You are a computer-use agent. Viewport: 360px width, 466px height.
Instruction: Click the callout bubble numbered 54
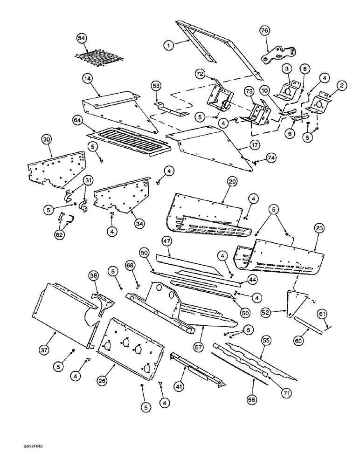coord(82,38)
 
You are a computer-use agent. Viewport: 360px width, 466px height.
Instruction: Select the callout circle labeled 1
coord(168,45)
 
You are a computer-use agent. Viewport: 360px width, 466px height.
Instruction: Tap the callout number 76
coord(265,30)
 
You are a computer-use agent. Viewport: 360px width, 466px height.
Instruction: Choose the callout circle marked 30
coord(46,139)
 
